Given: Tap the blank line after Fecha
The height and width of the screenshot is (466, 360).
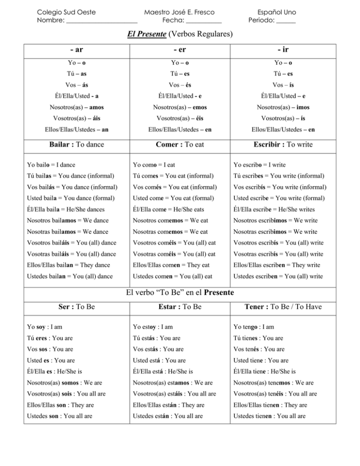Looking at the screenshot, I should [204, 21].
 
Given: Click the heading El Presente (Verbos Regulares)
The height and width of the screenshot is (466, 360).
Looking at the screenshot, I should [180, 34].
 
